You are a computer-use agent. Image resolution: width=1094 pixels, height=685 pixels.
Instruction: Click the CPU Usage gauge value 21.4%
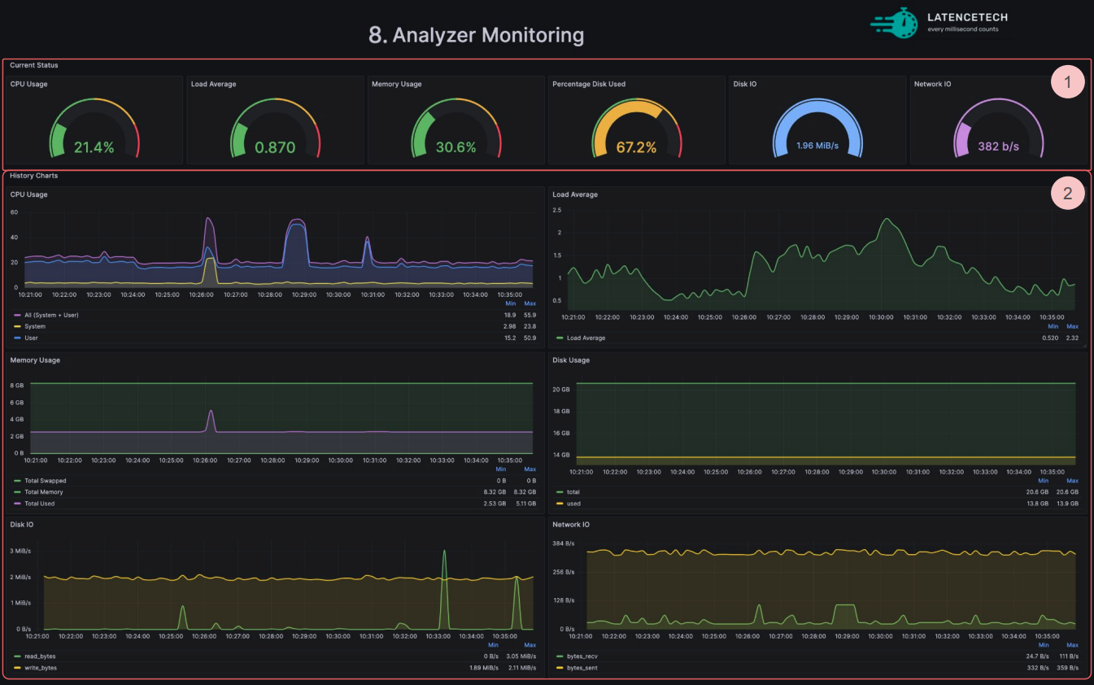[94, 147]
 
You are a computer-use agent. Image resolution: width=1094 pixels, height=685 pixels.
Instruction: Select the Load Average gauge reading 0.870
[275, 147]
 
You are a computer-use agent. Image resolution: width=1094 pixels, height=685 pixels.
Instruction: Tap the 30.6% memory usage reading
[455, 147]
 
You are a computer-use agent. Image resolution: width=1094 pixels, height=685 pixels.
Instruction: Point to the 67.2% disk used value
[636, 147]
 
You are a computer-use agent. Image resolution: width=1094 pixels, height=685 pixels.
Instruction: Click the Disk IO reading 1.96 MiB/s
[817, 146]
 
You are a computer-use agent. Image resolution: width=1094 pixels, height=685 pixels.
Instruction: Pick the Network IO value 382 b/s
[998, 146]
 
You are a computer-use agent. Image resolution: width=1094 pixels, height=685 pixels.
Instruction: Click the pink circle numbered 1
[1068, 81]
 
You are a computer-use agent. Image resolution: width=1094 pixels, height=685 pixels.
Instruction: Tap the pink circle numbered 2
[1068, 194]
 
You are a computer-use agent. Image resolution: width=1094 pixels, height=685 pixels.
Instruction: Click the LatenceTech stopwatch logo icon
[895, 23]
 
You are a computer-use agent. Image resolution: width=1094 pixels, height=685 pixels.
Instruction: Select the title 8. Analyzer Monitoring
[476, 35]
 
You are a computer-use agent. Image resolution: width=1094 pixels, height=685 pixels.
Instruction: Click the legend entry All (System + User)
[51, 315]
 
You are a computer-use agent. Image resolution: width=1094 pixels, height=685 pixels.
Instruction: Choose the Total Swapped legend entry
[45, 481]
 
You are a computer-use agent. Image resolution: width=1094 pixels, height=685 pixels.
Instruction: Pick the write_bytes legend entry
[41, 668]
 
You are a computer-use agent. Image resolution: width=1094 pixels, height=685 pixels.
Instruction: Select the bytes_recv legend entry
[582, 657]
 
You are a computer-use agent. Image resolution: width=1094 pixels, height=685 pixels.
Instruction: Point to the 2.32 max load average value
[1072, 338]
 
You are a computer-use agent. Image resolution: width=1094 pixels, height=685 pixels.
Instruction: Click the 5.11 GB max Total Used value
[525, 504]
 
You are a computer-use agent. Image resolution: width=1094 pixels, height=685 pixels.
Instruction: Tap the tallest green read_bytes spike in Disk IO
[444, 551]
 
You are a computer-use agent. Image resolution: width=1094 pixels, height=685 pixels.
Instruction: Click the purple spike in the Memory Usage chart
[211, 412]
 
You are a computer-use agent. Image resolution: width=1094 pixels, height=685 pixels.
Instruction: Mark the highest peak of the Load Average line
[887, 219]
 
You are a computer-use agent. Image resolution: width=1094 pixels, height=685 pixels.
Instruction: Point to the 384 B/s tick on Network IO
[563, 543]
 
